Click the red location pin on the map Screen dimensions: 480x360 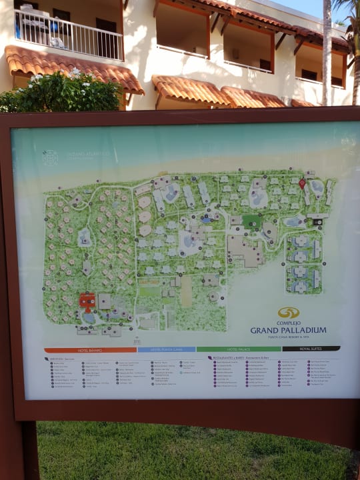(302, 183)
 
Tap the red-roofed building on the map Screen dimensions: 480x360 (87, 301)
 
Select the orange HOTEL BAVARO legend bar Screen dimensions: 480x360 (90, 349)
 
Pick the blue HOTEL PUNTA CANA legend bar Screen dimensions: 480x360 (167, 349)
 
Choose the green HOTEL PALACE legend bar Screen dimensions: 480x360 (239, 349)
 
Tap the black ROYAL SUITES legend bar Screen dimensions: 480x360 (311, 348)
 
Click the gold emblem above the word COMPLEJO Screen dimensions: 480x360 (289, 313)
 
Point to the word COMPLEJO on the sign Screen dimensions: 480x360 (289, 323)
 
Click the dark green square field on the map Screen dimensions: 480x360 (251, 221)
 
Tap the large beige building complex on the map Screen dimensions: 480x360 (245, 250)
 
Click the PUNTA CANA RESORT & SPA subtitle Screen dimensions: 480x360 (289, 337)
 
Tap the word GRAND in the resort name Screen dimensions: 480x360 (264, 330)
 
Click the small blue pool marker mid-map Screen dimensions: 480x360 (208, 218)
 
